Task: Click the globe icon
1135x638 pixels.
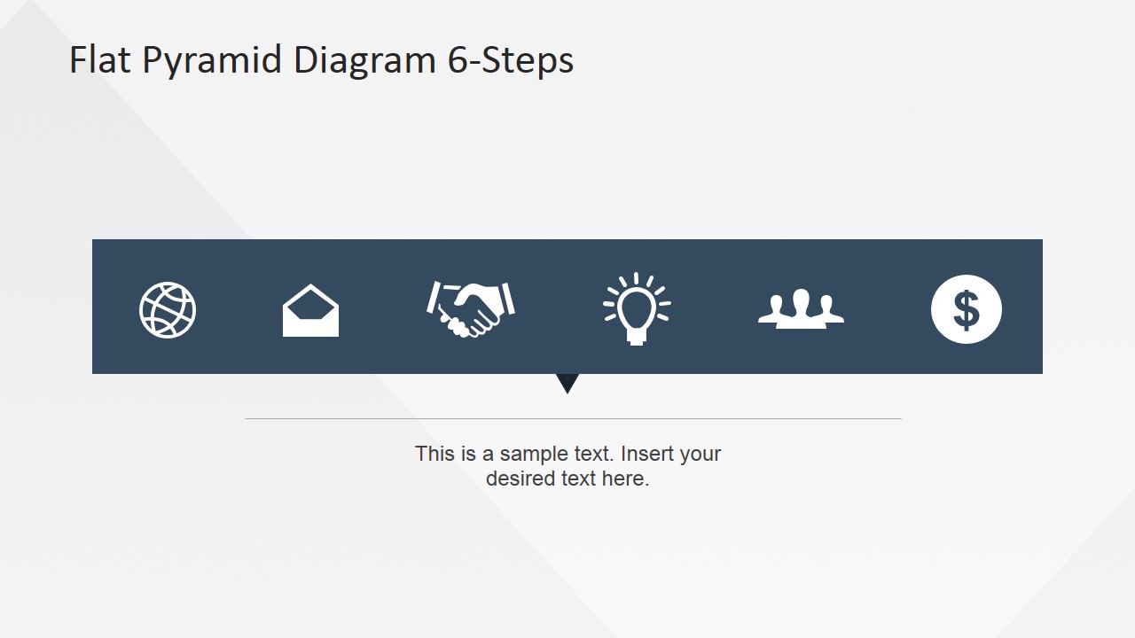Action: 168,310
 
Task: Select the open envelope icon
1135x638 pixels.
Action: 310,311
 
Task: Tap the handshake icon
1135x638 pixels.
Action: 470,308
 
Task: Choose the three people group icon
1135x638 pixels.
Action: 801,310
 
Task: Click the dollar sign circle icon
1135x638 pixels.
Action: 966,310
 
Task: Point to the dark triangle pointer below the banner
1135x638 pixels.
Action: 567,382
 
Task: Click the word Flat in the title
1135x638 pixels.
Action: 100,60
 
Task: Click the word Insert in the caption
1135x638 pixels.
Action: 646,454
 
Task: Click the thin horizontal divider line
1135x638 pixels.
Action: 573,418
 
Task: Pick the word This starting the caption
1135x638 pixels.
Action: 434,454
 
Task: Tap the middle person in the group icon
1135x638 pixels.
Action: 801,306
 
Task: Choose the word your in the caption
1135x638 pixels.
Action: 701,455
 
